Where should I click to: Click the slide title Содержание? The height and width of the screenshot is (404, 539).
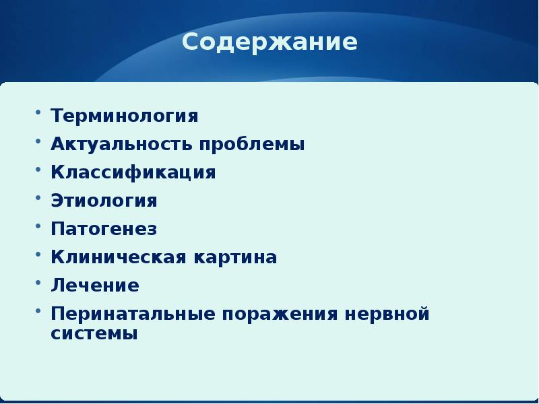pyautogui.click(x=269, y=43)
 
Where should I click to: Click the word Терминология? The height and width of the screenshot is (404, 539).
pyautogui.click(x=125, y=116)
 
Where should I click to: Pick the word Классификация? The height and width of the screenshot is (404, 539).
pyautogui.click(x=133, y=172)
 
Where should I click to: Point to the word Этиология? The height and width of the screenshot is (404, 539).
pyautogui.click(x=104, y=201)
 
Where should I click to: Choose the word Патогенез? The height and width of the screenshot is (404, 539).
pyautogui.click(x=104, y=229)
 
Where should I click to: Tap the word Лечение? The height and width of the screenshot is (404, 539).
pyautogui.click(x=95, y=285)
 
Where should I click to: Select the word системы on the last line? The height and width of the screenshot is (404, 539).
pyautogui.click(x=94, y=333)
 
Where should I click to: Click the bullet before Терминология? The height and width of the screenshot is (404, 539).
pyautogui.click(x=38, y=112)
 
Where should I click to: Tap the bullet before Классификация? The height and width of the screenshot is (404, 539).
pyautogui.click(x=38, y=168)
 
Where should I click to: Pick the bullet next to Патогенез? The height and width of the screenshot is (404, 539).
pyautogui.click(x=38, y=225)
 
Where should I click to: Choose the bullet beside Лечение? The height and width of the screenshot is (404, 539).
pyautogui.click(x=38, y=281)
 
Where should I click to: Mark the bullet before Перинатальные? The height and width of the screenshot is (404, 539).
pyautogui.click(x=38, y=310)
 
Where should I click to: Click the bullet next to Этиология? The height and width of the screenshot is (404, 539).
pyautogui.click(x=38, y=197)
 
